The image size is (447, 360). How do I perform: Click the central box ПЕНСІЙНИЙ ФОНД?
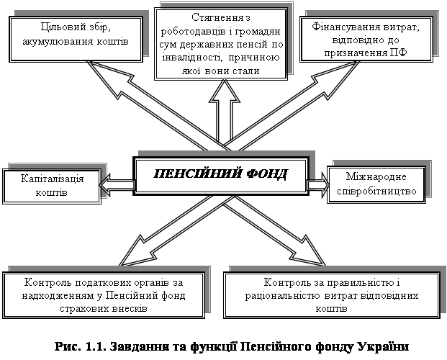221,175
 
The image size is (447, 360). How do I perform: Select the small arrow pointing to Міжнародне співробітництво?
317,184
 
